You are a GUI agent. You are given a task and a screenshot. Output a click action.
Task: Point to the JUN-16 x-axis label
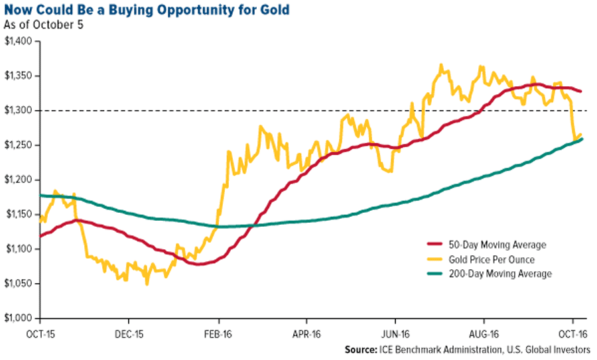click(395, 334)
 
